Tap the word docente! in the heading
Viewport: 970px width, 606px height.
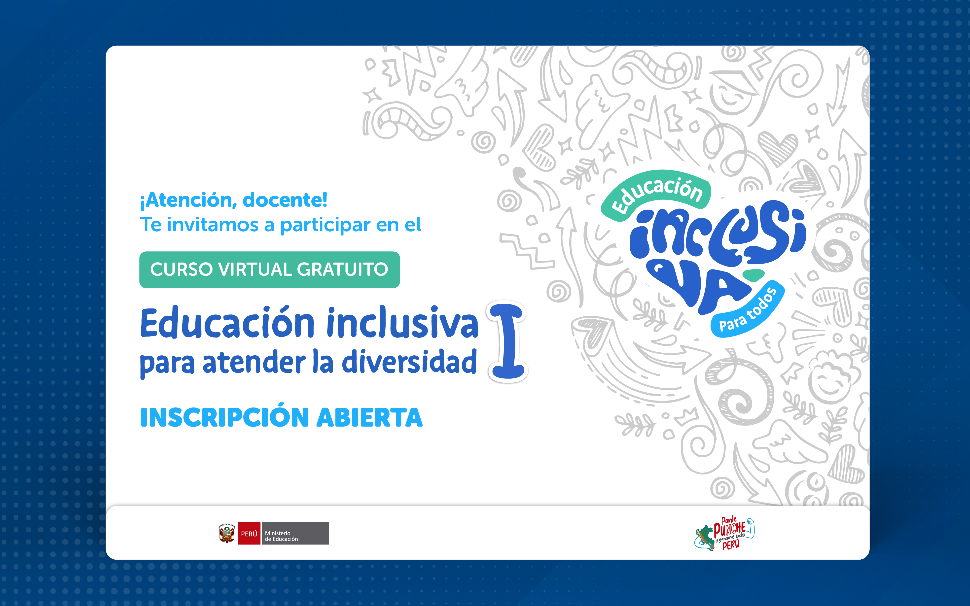tap(285, 200)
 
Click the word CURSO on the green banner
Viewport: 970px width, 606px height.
tap(181, 269)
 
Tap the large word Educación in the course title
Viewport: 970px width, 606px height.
tap(227, 323)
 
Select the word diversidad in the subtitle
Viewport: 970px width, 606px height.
tap(409, 362)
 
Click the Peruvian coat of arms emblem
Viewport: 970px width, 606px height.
tap(227, 533)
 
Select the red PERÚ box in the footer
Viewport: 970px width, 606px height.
tap(249, 533)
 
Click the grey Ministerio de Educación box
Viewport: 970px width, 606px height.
tap(295, 533)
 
